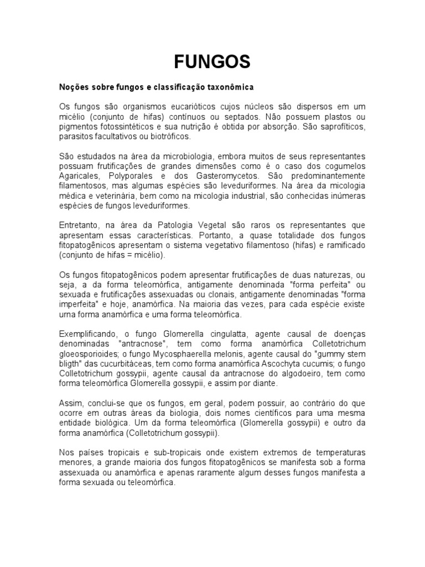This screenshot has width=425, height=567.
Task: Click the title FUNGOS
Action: click(212, 61)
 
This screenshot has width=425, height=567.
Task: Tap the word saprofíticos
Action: click(343, 127)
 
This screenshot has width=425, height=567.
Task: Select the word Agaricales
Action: click(79, 177)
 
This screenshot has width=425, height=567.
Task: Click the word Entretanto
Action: click(79, 226)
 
